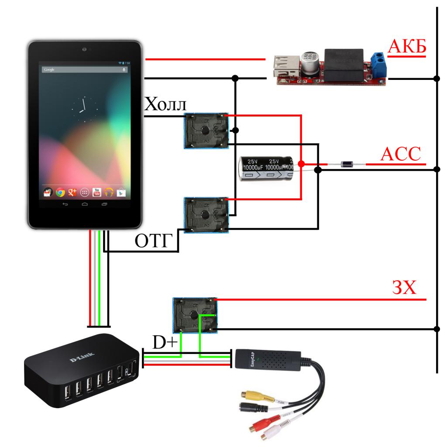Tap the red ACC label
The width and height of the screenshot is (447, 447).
pos(401,154)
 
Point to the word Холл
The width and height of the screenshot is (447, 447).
pos(165,104)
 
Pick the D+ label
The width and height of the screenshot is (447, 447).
pos(164,342)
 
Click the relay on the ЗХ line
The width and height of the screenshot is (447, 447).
pos(195,314)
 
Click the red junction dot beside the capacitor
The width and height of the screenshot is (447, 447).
pos(301,164)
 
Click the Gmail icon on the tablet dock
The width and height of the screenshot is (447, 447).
pos(48,192)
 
